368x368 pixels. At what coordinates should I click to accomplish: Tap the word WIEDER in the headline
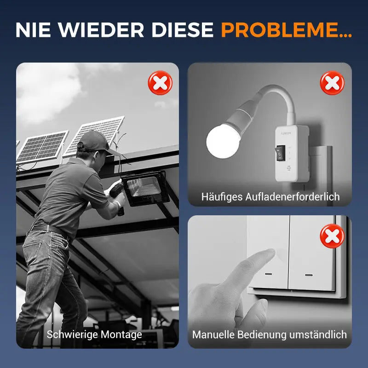pos(101,30)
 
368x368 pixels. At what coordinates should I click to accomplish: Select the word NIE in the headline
pos(33,30)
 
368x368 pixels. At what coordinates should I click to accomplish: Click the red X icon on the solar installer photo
pos(160,83)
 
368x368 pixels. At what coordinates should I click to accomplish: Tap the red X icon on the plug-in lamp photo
pos(332,83)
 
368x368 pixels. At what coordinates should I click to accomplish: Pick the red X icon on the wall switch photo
pos(332,236)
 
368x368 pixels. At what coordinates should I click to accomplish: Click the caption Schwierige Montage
pos(94,334)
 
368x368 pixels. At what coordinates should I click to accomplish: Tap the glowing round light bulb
pos(223,141)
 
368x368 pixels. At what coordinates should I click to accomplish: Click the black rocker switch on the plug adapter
pos(281,153)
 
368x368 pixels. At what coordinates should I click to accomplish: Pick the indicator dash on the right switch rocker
pos(309,275)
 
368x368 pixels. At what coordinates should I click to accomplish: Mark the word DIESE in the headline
pos(182,30)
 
